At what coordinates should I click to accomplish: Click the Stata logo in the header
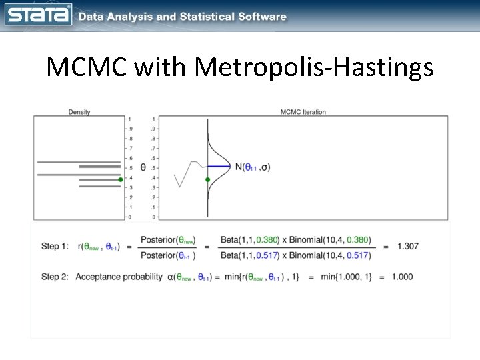(39, 15)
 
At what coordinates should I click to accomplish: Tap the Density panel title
(79, 112)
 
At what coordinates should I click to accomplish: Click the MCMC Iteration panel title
(303, 112)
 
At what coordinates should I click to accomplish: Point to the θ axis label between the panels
(143, 167)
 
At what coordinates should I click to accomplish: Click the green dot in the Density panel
(120, 179)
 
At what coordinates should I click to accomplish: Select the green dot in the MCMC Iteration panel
(208, 179)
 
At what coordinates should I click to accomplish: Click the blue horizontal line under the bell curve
(219, 165)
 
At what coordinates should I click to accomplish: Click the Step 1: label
(55, 247)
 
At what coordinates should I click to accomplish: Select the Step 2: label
(55, 277)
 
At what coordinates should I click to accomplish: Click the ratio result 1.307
(408, 247)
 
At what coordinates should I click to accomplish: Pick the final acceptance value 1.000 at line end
(401, 277)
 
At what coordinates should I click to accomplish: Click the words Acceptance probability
(119, 277)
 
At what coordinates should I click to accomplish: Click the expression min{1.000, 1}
(342, 277)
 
